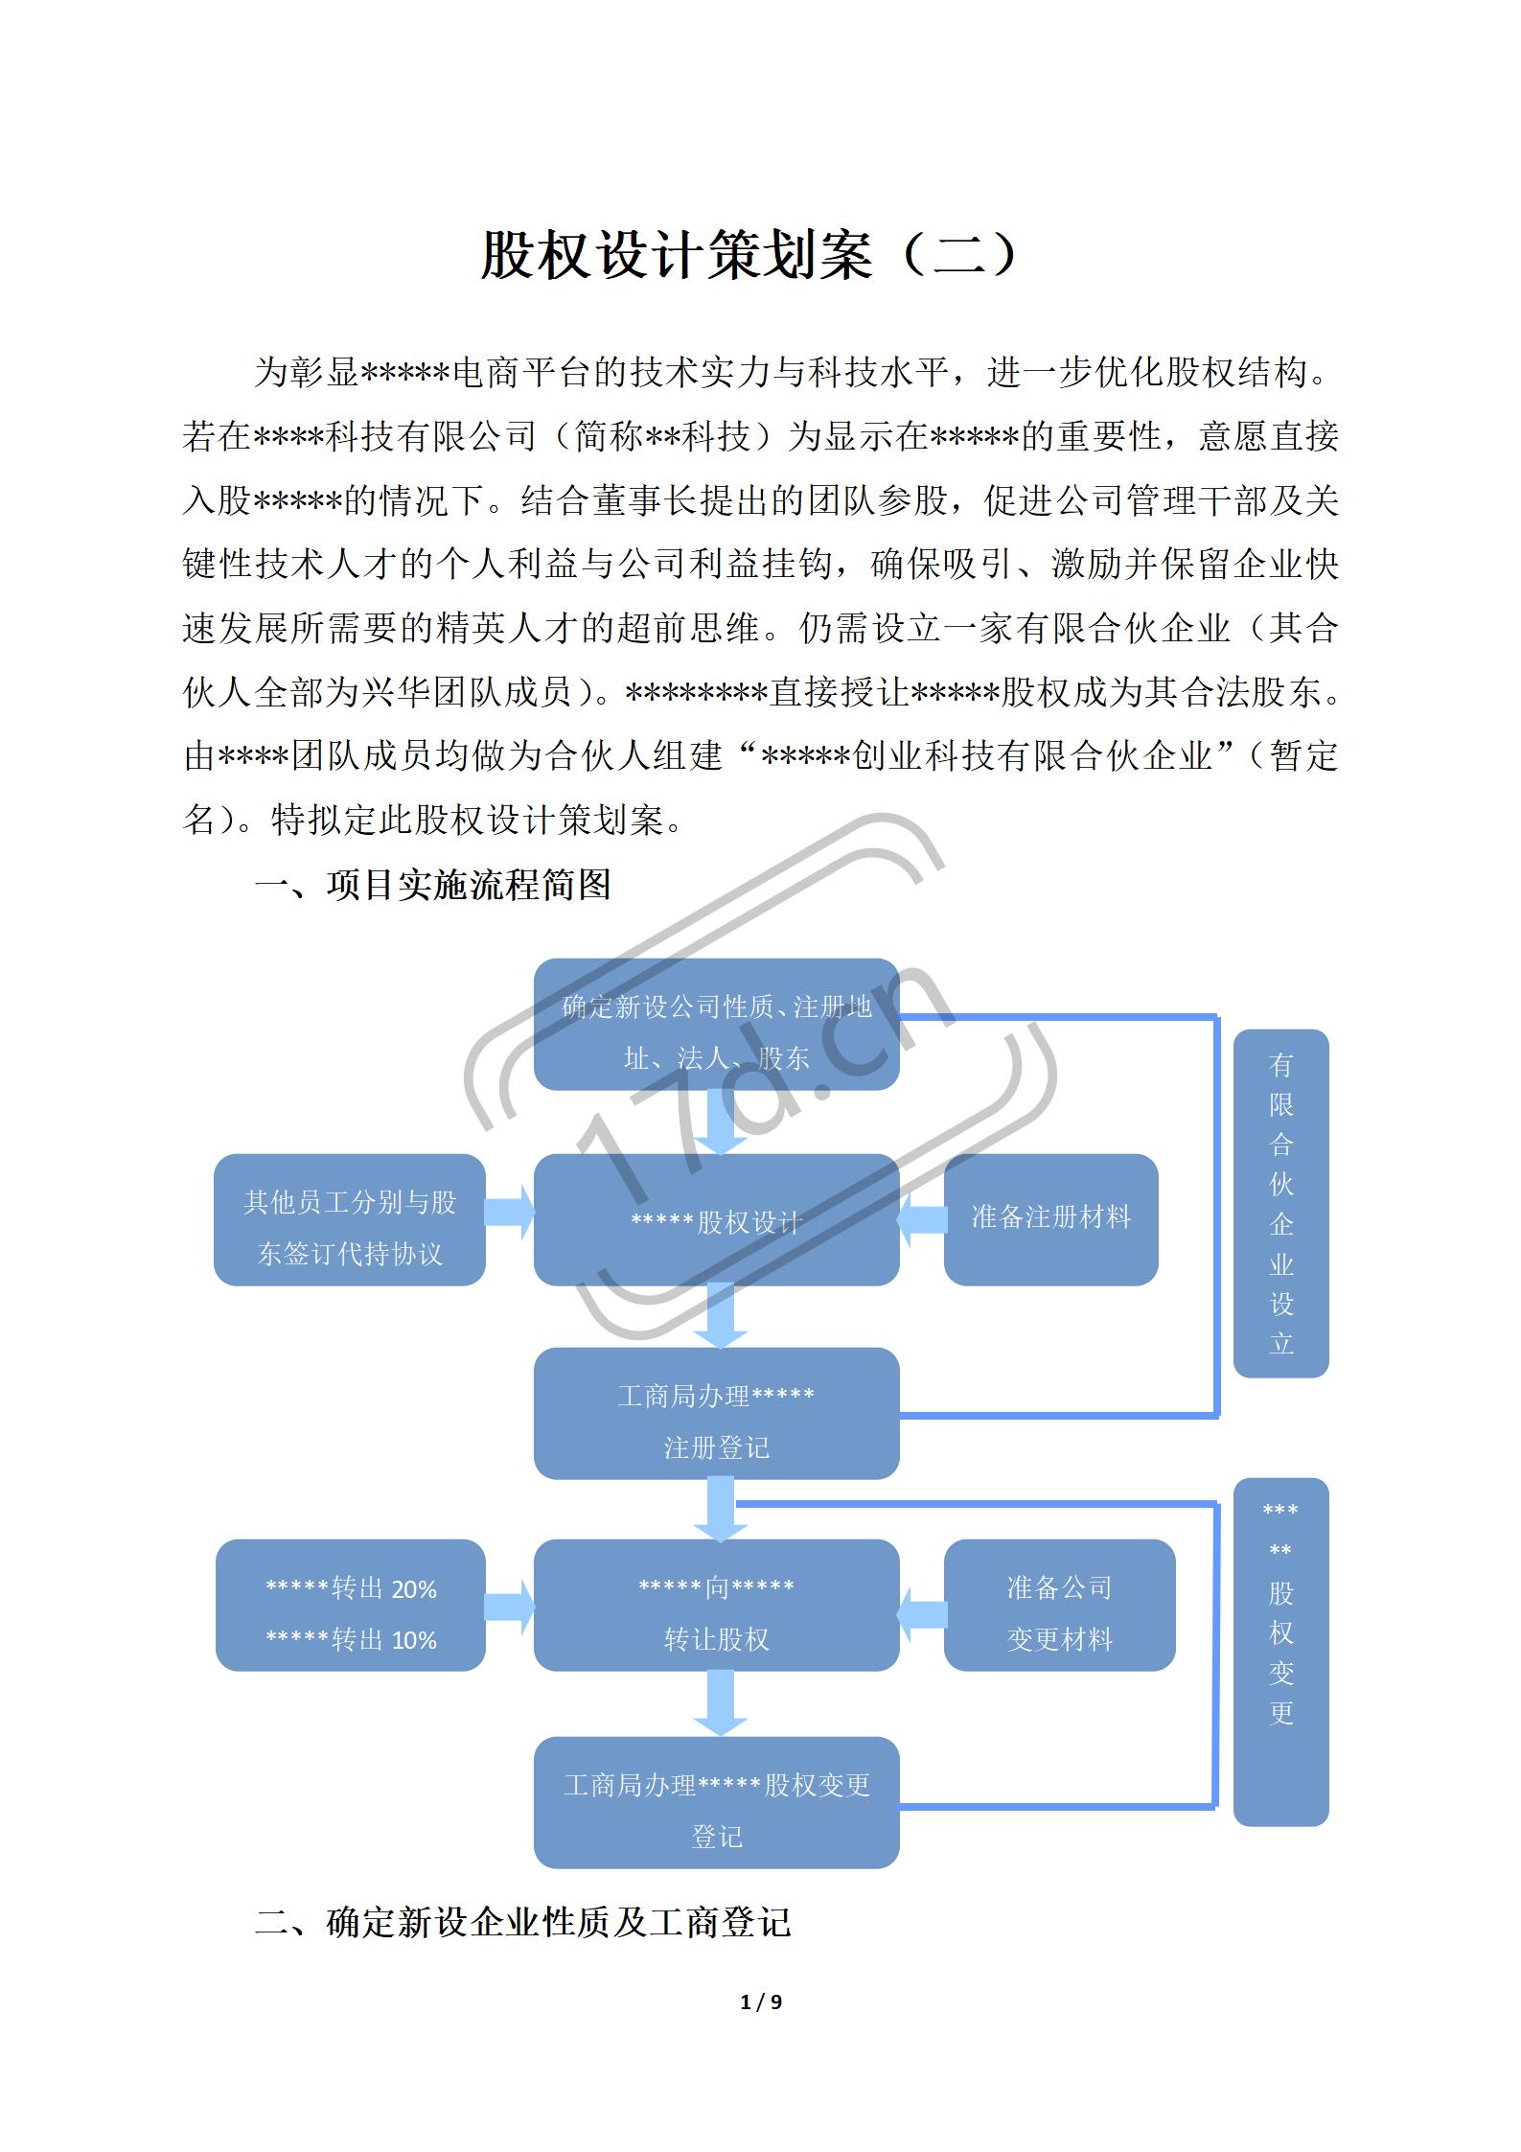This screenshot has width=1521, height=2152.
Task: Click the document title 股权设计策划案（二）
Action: point(750,256)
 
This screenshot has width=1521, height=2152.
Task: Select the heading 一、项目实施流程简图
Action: point(432,884)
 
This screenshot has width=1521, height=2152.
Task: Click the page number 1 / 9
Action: point(761,2002)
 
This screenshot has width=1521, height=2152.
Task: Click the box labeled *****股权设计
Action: point(716,1220)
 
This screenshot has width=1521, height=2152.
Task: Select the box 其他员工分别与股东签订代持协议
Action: point(350,1220)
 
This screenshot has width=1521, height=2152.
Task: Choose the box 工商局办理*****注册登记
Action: point(716,1414)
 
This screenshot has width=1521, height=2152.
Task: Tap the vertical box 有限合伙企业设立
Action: point(1280,1204)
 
